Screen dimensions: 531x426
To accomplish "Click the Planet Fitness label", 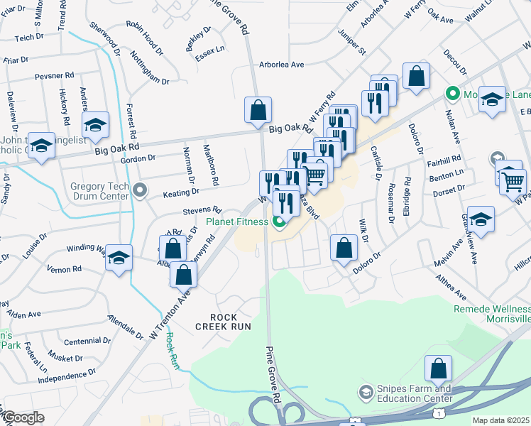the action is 237,222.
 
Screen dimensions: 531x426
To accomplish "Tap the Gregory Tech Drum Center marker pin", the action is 140,190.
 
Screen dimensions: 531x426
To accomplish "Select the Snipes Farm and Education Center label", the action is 413,393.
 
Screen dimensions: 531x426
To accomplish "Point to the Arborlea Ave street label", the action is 281,65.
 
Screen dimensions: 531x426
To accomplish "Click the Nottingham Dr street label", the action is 150,67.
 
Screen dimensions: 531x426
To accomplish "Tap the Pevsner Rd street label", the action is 55,75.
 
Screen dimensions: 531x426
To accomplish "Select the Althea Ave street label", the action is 451,288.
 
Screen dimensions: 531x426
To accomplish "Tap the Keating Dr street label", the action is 180,192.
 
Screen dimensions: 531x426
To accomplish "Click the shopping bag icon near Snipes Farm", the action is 438,368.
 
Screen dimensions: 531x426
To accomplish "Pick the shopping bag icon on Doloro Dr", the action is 344,248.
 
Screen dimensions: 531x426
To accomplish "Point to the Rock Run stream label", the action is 170,351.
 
